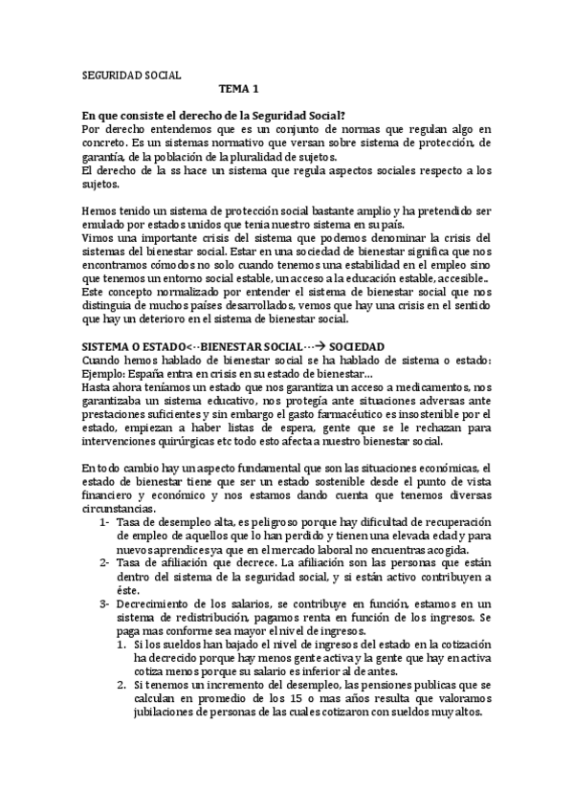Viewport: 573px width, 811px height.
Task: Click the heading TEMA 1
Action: click(239, 89)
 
